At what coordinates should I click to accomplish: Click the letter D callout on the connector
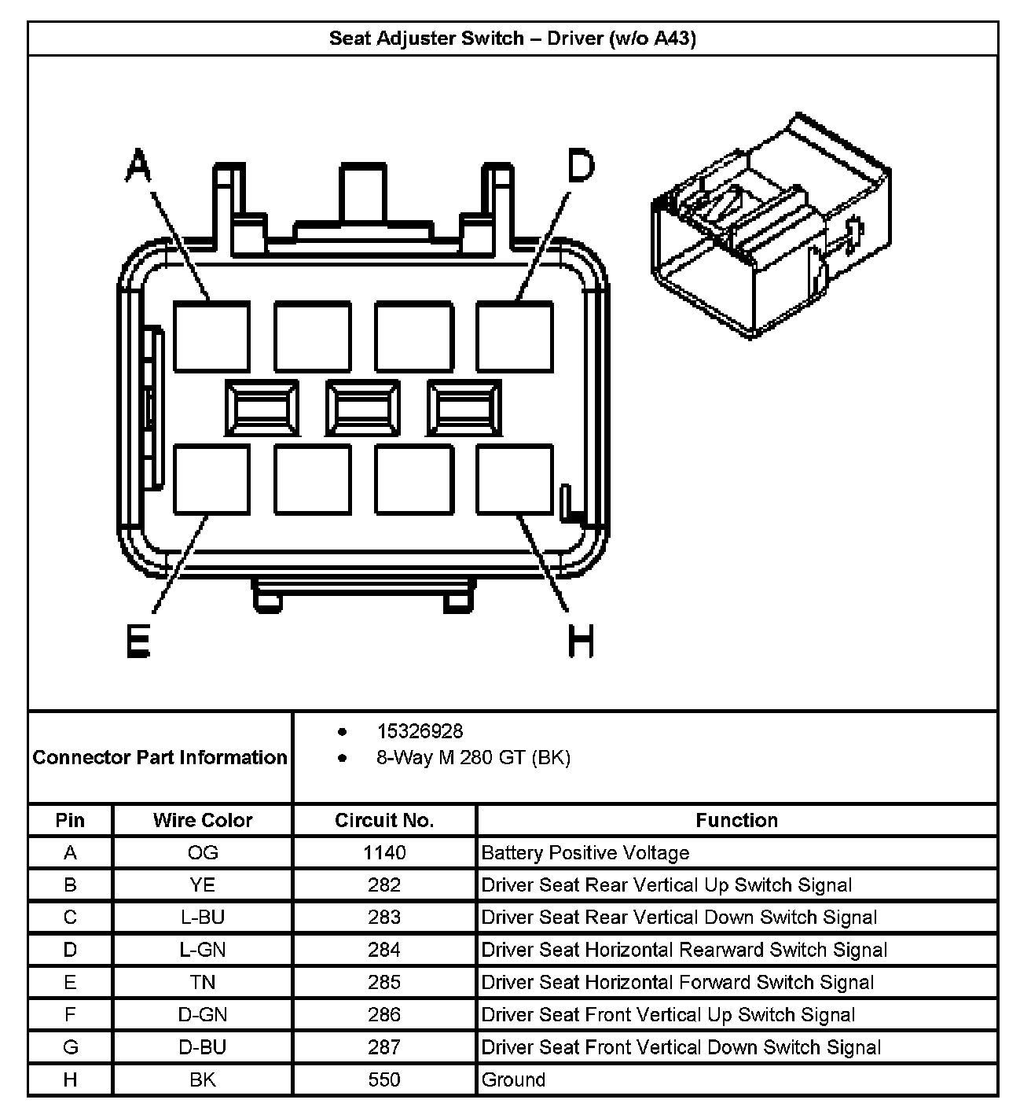tap(581, 167)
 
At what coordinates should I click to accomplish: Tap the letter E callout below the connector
tap(138, 640)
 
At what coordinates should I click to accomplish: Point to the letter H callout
tap(581, 640)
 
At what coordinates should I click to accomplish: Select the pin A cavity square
tap(211, 337)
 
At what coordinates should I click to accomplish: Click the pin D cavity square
tap(515, 337)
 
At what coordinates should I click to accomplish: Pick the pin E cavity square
tap(211, 480)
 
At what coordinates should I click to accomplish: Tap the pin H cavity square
tap(515, 480)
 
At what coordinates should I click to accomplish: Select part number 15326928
tap(420, 732)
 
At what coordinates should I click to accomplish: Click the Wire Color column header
tap(203, 821)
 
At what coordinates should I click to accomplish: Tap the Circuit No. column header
tap(384, 821)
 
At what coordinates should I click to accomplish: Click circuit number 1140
tap(384, 853)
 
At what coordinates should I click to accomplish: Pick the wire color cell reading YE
tap(203, 885)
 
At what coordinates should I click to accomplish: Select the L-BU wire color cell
tap(203, 918)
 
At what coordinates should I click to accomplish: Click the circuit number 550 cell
tap(384, 1080)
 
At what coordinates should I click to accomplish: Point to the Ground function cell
tap(514, 1080)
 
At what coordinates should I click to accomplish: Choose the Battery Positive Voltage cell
tap(585, 853)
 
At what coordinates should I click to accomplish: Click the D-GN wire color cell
tap(203, 1015)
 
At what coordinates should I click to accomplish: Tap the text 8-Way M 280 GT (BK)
tap(473, 758)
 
